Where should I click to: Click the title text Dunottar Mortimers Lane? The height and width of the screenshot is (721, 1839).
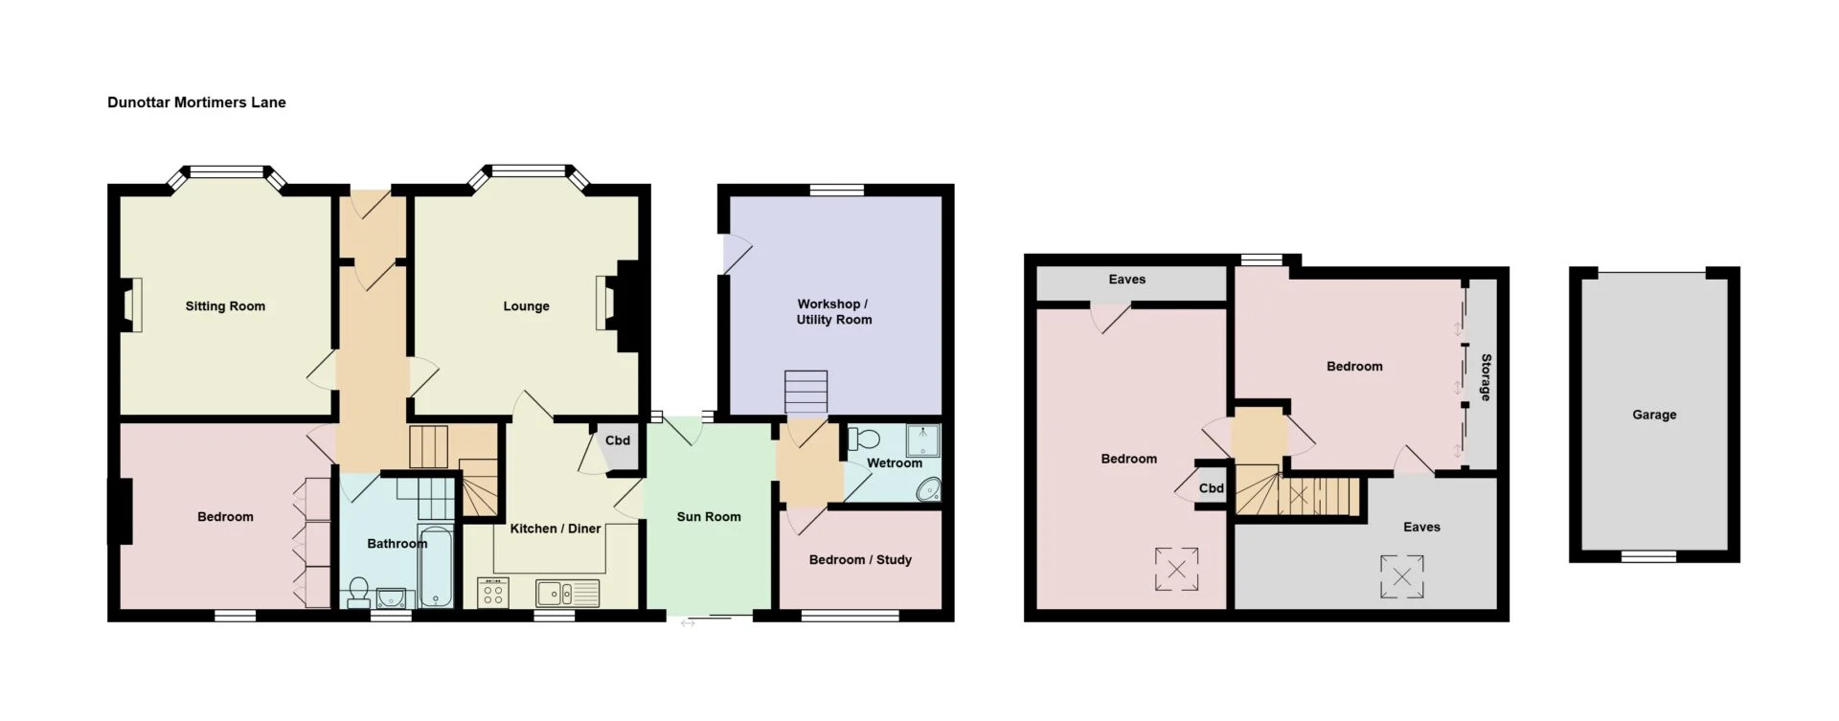pyautogui.click(x=196, y=102)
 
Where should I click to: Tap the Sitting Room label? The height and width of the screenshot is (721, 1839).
pyautogui.click(x=225, y=306)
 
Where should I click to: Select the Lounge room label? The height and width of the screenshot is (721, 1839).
pyautogui.click(x=526, y=306)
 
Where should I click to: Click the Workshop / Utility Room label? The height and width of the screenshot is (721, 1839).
pyautogui.click(x=834, y=312)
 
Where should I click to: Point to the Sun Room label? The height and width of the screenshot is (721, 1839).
pyautogui.click(x=709, y=517)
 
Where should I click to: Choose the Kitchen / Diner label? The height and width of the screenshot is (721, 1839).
pyautogui.click(x=556, y=529)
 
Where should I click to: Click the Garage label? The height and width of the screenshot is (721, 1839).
pyautogui.click(x=1654, y=415)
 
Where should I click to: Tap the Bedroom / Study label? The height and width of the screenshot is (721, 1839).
pyautogui.click(x=860, y=560)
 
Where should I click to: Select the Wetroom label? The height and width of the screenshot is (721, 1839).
pyautogui.click(x=895, y=463)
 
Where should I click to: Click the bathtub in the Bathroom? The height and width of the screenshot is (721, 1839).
pyautogui.click(x=436, y=566)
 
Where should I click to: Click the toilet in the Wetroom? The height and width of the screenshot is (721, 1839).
pyautogui.click(x=864, y=439)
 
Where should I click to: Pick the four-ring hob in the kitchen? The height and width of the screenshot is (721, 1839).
pyautogui.click(x=493, y=593)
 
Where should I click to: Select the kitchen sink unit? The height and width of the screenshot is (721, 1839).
pyautogui.click(x=567, y=594)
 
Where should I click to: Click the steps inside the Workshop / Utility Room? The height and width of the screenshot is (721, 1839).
pyautogui.click(x=806, y=393)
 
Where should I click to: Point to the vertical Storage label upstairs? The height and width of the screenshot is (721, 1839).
pyautogui.click(x=1486, y=377)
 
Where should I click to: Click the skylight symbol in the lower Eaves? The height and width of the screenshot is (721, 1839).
pyautogui.click(x=1401, y=576)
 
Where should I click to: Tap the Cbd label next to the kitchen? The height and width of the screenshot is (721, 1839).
pyautogui.click(x=618, y=440)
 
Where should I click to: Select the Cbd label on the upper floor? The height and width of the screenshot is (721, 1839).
pyautogui.click(x=1212, y=488)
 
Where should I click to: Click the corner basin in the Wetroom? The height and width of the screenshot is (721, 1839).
pyautogui.click(x=928, y=491)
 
